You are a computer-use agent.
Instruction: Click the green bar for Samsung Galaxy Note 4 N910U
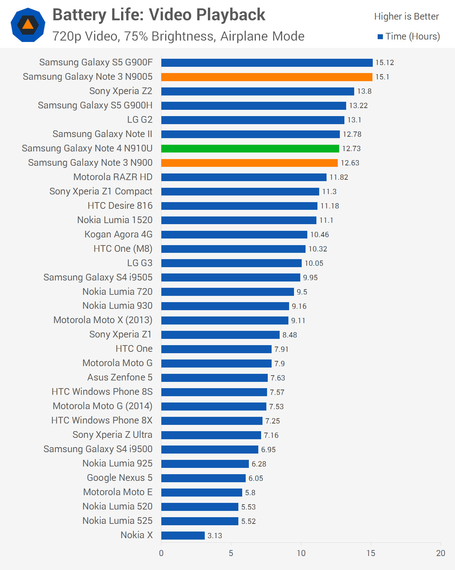pos(250,149)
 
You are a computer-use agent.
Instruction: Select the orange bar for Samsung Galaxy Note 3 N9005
pos(267,77)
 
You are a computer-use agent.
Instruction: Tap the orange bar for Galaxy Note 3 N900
pos(249,163)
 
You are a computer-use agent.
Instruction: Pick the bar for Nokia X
pos(183,535)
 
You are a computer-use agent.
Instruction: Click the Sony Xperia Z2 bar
pos(258,91)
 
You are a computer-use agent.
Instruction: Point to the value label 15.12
pos(385,63)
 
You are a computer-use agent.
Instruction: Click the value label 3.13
pos(215,535)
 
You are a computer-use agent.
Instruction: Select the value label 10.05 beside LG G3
pos(314,263)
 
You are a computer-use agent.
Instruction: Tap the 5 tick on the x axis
pos(231,553)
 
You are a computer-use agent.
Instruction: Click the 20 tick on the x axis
pos(440,553)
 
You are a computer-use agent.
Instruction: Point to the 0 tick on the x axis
pos(161,553)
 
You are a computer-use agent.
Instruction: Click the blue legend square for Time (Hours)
pos(380,37)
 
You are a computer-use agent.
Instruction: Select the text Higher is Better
pos(406,16)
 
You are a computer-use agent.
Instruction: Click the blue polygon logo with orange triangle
pos(28,25)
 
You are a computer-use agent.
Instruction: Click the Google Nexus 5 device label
pos(120,478)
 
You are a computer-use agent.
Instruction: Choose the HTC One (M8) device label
pos(123,249)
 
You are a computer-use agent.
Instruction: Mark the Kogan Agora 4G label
pos(118,234)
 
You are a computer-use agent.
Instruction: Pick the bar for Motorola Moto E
pos(202,492)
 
